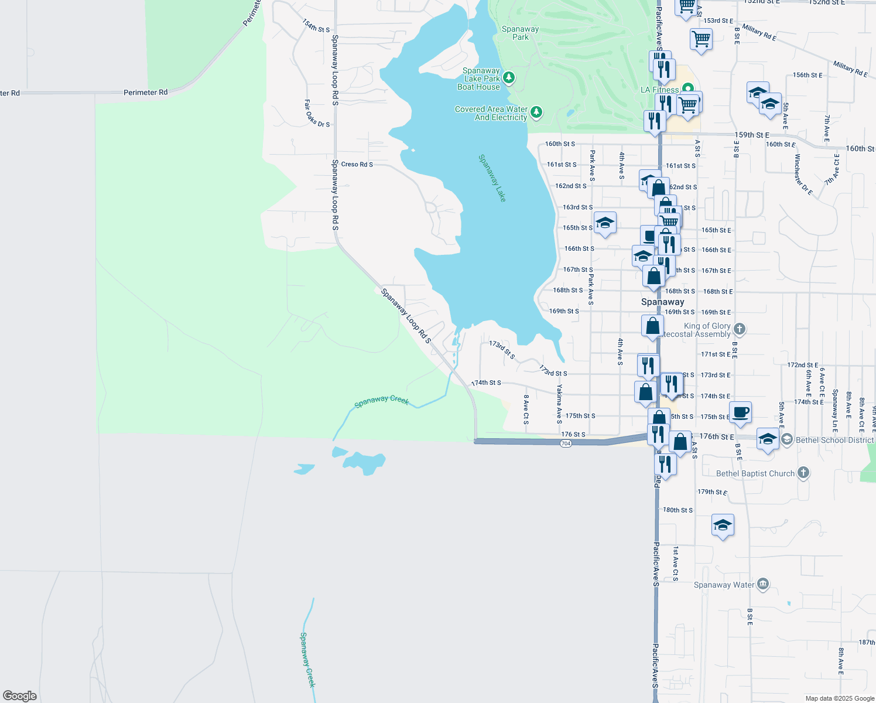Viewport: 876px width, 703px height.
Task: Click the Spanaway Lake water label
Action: point(492,178)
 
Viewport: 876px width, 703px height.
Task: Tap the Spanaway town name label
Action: point(662,302)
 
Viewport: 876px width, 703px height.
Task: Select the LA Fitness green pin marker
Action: point(688,89)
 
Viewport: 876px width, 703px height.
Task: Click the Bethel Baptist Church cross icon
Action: point(803,473)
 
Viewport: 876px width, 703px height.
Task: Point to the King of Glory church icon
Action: point(739,329)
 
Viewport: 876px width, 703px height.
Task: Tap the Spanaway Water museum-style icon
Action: point(762,584)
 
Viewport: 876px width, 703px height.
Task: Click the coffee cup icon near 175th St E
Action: point(740,412)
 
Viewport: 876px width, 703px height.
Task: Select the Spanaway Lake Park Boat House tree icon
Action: point(509,78)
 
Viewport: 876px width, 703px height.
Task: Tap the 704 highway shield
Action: point(565,443)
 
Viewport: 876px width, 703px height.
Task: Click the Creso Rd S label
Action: point(357,164)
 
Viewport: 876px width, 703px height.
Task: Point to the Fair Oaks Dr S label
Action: point(316,113)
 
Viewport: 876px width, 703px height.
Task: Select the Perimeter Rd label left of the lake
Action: point(145,92)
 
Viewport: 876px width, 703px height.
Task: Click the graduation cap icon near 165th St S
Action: point(605,223)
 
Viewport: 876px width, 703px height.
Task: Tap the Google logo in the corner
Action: point(20,696)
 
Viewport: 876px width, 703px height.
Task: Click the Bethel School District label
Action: point(834,440)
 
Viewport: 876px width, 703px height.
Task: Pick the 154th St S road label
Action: point(316,26)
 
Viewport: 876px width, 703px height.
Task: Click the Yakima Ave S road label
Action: point(559,404)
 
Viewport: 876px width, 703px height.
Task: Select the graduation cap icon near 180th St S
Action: point(723,525)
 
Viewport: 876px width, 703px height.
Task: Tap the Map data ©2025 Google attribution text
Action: point(840,698)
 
